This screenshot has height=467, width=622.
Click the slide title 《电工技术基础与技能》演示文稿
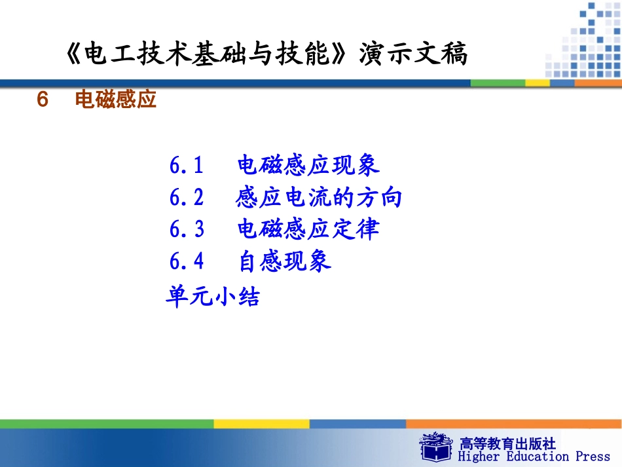[x=267, y=54]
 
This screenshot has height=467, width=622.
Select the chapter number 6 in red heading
[x=43, y=100]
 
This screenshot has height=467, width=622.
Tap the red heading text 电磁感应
[x=116, y=100]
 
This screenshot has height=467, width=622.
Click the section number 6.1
[x=187, y=166]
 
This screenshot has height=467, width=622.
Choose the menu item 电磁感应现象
[x=308, y=166]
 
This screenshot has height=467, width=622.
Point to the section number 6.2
[x=187, y=197]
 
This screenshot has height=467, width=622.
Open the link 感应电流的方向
[x=319, y=197]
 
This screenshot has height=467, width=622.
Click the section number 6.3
[x=187, y=229]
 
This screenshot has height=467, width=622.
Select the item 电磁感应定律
[x=308, y=229]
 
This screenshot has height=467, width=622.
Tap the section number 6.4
[x=187, y=261]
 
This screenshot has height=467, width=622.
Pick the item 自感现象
[x=285, y=261]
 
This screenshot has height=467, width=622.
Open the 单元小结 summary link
[x=213, y=297]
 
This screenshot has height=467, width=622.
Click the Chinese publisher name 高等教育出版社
[x=507, y=443]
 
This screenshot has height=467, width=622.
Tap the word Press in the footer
[x=593, y=457]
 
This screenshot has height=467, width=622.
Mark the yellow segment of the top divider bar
[x=538, y=83]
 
